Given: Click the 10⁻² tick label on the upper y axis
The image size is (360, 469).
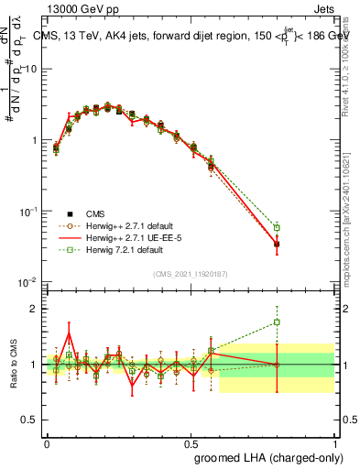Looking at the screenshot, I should point(27,282).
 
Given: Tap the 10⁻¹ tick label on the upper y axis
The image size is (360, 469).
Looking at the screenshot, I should point(27,212).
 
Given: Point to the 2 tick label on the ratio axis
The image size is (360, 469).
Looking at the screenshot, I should point(35,309).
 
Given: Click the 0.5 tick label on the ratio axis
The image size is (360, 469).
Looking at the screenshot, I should point(31,420).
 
